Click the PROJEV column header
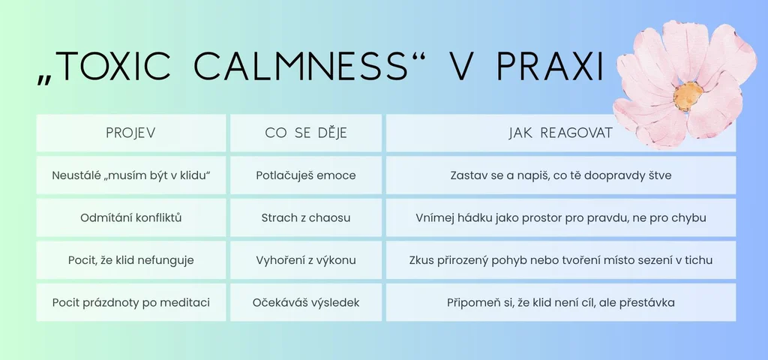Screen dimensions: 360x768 (x=130, y=133)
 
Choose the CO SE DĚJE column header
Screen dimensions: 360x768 (x=306, y=133)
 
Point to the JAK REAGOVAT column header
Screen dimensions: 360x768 (x=560, y=133)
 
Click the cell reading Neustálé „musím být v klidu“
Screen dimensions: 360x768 (x=130, y=175)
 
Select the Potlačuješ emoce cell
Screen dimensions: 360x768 (x=306, y=175)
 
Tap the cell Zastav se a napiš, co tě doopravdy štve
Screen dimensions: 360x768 (x=560, y=175)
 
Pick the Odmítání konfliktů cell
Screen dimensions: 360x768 (x=130, y=218)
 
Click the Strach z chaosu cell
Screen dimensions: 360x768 (x=306, y=218)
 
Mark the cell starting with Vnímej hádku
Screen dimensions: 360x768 (x=560, y=218)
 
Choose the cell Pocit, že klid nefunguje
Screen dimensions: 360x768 (x=130, y=260)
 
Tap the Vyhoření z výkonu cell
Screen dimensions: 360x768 (x=306, y=260)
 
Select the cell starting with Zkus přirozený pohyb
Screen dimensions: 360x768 (x=560, y=260)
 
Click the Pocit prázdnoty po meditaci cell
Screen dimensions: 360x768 (x=130, y=303)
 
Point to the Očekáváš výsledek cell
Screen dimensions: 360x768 (x=306, y=303)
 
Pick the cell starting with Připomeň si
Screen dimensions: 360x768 (x=560, y=303)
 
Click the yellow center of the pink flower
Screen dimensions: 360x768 (x=688, y=95)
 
